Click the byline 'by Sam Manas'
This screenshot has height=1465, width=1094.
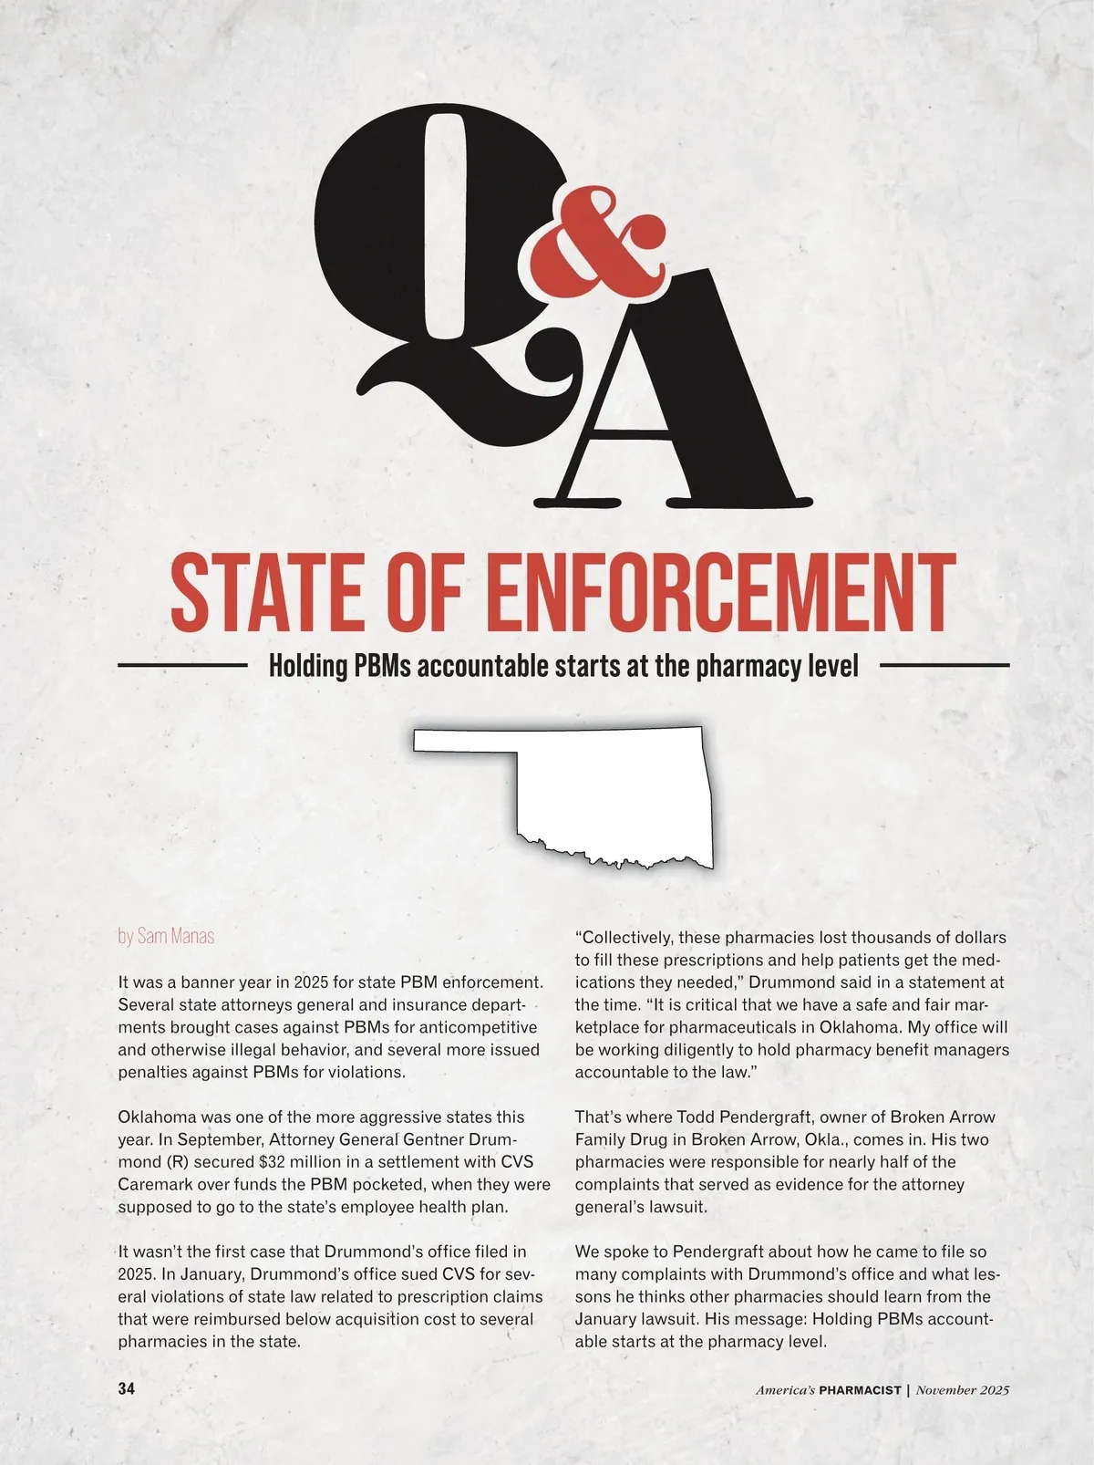coord(166,937)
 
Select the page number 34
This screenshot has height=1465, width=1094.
coord(127,1389)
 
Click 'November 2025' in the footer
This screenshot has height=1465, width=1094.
coord(963,1390)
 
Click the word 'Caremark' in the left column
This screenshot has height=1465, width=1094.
coord(151,1184)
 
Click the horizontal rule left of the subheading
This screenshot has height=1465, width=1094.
coord(182,666)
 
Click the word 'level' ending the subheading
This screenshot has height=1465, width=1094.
coord(834,666)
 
